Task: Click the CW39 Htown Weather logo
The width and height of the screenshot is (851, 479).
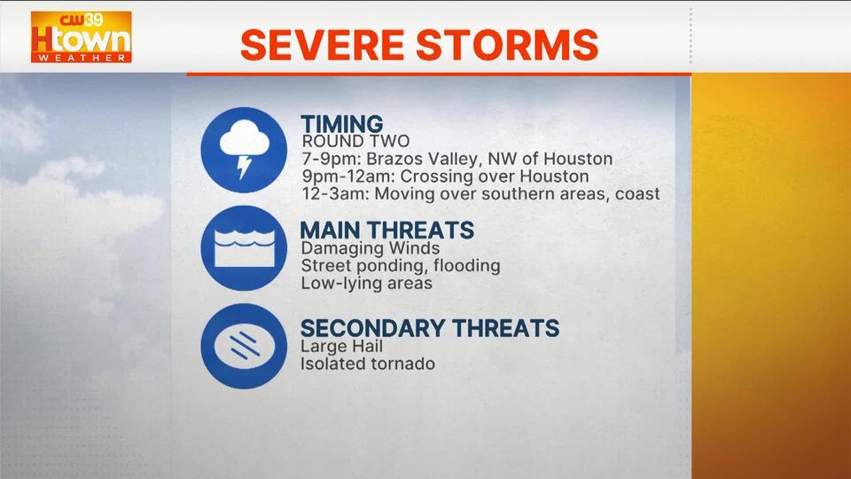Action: click(81, 37)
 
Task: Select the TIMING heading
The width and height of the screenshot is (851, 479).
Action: click(342, 123)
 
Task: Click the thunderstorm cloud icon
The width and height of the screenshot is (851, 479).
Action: click(244, 150)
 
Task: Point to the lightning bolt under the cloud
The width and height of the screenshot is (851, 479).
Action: click(245, 168)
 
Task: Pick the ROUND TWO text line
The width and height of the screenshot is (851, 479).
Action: click(355, 141)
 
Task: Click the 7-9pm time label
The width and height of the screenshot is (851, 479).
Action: click(332, 159)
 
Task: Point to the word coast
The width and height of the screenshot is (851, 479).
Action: click(637, 194)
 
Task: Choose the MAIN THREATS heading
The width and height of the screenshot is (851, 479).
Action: click(387, 231)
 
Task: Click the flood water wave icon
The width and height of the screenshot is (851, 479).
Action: click(244, 248)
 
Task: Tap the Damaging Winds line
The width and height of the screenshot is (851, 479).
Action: click(371, 248)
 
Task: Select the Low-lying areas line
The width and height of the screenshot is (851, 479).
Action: click(366, 284)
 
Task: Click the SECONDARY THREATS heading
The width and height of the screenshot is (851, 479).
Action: click(430, 328)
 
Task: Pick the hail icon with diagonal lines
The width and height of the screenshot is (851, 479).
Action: click(244, 346)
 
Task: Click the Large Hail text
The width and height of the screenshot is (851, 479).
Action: click(342, 347)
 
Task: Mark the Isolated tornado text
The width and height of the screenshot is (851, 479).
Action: click(368, 364)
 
